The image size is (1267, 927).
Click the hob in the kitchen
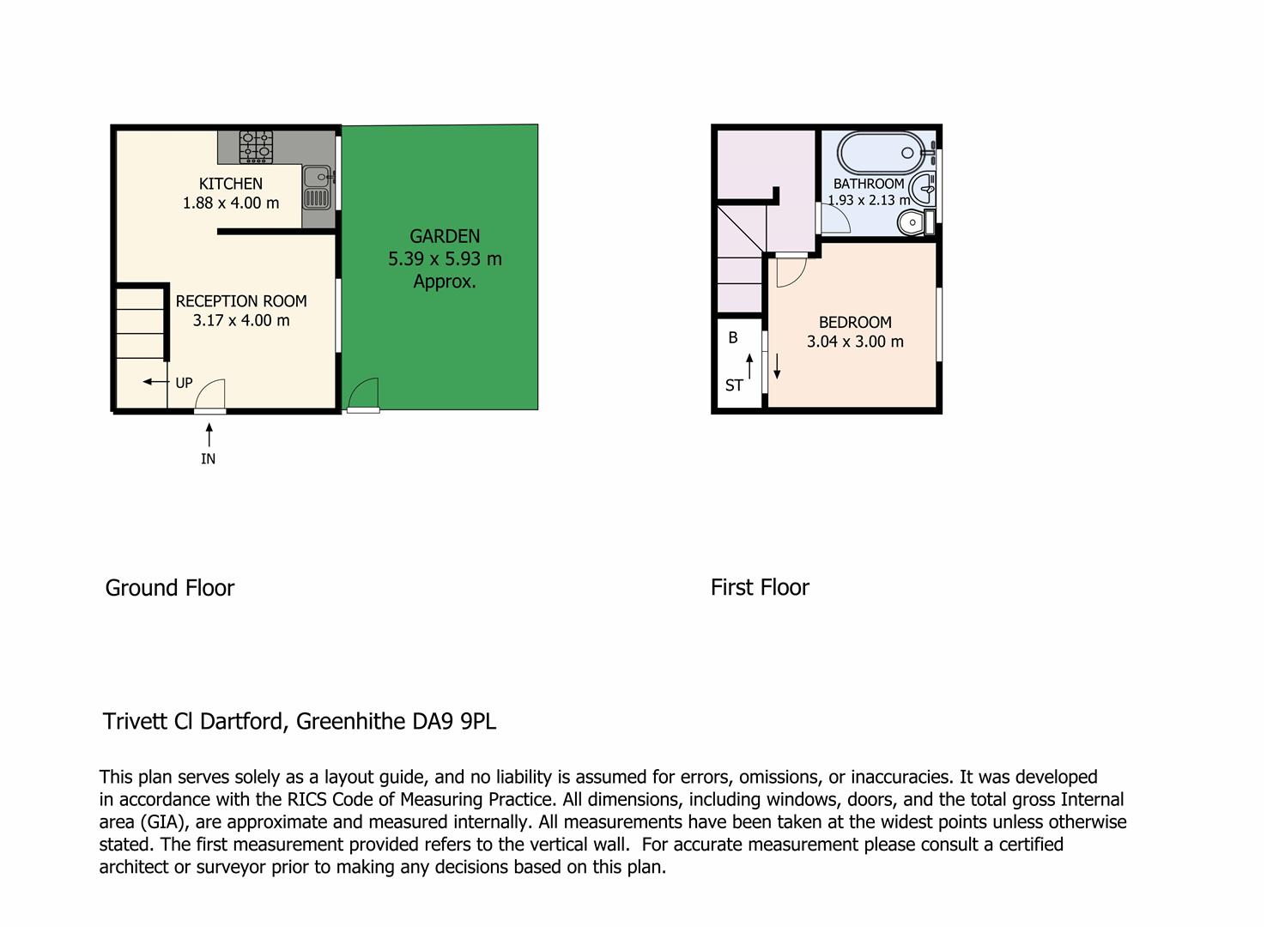click(x=256, y=147)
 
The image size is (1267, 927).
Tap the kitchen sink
click(x=317, y=187)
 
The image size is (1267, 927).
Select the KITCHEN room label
click(x=231, y=184)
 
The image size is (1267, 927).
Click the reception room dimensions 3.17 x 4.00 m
click(x=241, y=321)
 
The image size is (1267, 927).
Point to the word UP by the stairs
click(x=184, y=383)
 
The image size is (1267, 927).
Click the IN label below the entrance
click(x=208, y=458)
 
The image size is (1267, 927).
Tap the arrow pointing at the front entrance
click(x=209, y=435)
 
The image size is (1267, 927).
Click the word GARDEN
click(x=445, y=236)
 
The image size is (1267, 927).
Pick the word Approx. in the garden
click(x=445, y=282)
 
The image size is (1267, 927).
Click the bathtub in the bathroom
click(x=884, y=153)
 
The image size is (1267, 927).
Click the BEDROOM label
click(x=855, y=323)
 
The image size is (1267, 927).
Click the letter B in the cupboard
click(x=733, y=337)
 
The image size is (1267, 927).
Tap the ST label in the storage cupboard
click(x=734, y=385)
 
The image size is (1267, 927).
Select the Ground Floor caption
click(x=170, y=588)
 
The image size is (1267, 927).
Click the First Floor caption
click(x=760, y=587)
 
